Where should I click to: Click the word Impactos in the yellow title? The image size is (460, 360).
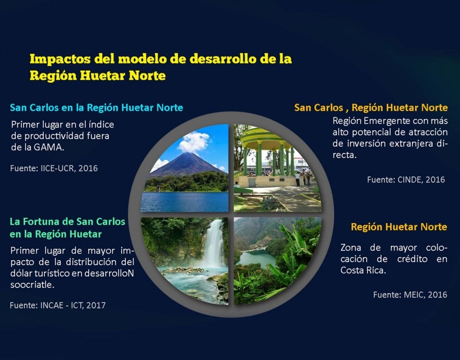pyautogui.click(x=60, y=59)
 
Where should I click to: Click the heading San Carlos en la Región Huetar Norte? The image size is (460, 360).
pyautogui.click(x=96, y=107)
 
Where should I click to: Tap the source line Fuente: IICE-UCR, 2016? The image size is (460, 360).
pyautogui.click(x=54, y=168)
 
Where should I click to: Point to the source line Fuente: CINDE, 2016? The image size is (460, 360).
pyautogui.click(x=406, y=179)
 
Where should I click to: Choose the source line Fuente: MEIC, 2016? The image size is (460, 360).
pyautogui.click(x=410, y=294)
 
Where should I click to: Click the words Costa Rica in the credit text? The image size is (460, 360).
pyautogui.click(x=363, y=270)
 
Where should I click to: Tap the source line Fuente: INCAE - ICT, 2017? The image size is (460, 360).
pyautogui.click(x=58, y=305)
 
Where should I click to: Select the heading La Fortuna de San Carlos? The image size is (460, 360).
pyautogui.click(x=67, y=221)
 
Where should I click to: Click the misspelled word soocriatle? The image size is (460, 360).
pyautogui.click(x=32, y=284)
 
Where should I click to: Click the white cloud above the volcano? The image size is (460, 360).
pyautogui.click(x=193, y=142)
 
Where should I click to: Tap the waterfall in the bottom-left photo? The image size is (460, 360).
pyautogui.click(x=215, y=244)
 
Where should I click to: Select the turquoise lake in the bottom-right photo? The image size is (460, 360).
pyautogui.click(x=256, y=258)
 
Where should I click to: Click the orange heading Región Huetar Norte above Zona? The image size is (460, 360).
pyautogui.click(x=399, y=227)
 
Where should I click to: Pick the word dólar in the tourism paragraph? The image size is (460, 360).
pyautogui.click(x=21, y=273)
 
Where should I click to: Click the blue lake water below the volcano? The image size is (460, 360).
pyautogui.click(x=185, y=202)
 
